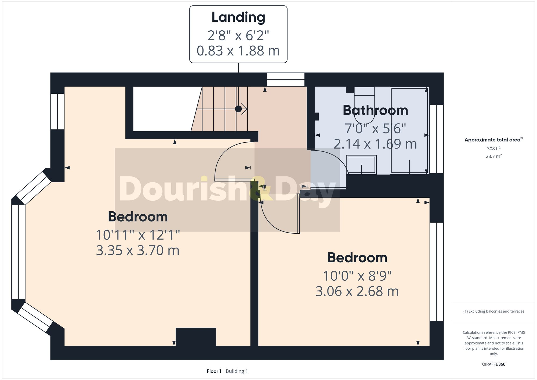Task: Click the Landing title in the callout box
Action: (238, 17)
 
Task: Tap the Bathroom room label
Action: (375, 110)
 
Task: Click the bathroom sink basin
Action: (361, 165)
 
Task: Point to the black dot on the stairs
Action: (238, 109)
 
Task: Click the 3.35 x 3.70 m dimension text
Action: (137, 250)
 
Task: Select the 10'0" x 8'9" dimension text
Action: (357, 276)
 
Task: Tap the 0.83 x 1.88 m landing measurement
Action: (238, 51)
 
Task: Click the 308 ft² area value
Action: (494, 149)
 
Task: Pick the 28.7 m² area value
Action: (494, 156)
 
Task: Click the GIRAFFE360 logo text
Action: (494, 364)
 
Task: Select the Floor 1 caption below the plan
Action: (214, 371)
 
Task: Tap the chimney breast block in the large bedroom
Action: (196, 336)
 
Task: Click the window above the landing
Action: (285, 79)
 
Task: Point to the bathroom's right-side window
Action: (436, 139)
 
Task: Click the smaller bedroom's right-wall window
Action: (436, 272)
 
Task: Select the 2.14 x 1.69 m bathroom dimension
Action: (375, 144)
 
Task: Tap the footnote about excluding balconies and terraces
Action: (494, 311)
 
